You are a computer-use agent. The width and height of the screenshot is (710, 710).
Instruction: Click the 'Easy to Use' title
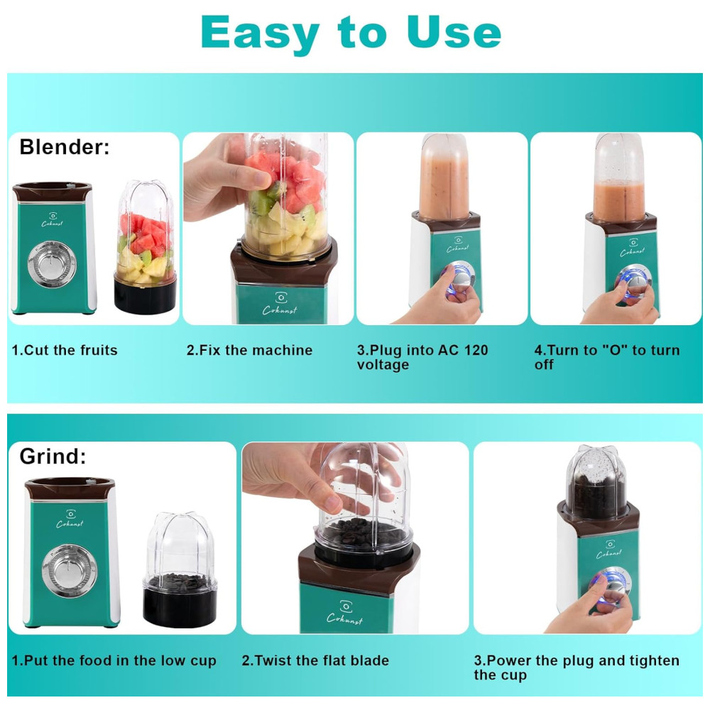(x=351, y=33)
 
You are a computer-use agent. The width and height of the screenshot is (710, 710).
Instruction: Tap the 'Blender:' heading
(x=65, y=147)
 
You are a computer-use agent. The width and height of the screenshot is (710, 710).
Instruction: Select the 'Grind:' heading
(x=53, y=456)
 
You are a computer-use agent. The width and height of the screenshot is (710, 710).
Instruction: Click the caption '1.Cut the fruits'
(x=65, y=350)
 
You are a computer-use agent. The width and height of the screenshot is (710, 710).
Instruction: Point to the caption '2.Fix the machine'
(x=249, y=350)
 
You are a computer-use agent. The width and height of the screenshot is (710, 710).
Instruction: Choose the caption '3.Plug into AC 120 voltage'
(x=422, y=357)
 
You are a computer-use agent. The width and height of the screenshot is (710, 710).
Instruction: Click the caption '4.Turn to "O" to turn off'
(x=607, y=357)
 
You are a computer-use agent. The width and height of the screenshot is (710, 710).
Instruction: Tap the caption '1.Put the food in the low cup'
(x=114, y=660)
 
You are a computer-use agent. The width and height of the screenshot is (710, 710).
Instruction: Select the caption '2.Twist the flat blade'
(x=315, y=660)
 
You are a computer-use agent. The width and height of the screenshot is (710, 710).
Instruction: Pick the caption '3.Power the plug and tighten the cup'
(x=577, y=668)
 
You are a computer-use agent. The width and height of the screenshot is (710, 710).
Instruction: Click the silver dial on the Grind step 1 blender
(x=69, y=571)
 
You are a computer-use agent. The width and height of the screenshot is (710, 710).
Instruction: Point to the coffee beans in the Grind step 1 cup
(x=180, y=581)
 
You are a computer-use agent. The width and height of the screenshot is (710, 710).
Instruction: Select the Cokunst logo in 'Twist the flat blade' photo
(x=344, y=613)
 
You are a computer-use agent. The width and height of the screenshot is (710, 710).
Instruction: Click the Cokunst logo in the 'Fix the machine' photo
(x=280, y=303)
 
